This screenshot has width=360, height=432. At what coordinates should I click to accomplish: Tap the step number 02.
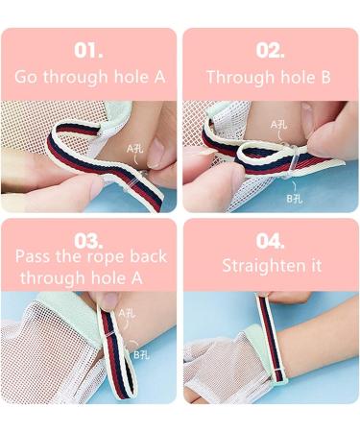click(271, 50)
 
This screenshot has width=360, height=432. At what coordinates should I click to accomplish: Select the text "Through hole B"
click(271, 77)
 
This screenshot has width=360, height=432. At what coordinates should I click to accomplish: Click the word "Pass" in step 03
click(36, 257)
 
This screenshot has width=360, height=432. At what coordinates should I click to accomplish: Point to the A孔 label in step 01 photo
click(136, 150)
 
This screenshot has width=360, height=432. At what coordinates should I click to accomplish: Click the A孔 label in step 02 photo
click(279, 126)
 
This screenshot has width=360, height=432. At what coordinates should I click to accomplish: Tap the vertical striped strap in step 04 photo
click(266, 336)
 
